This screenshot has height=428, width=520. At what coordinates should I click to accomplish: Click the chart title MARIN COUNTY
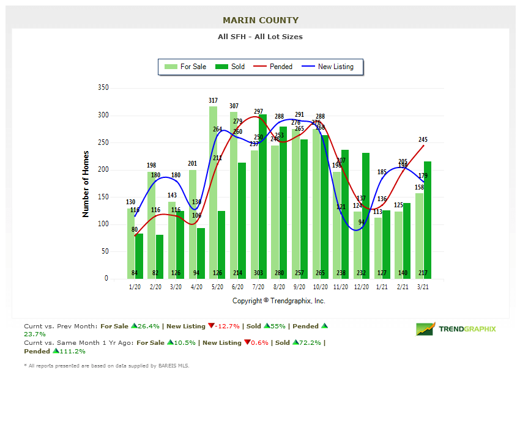click(x=261, y=20)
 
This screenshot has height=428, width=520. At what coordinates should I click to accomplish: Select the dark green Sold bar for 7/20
click(x=262, y=196)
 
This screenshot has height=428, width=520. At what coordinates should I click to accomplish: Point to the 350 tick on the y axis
click(x=103, y=88)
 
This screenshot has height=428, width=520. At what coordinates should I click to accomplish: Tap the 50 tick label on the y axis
click(x=105, y=251)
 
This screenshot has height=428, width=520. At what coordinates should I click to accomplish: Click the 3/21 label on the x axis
click(x=423, y=287)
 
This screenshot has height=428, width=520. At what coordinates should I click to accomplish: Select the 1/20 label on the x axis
click(x=135, y=287)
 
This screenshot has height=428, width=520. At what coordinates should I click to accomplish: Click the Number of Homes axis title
click(x=86, y=184)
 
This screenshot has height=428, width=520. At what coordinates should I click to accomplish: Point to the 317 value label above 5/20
click(x=213, y=100)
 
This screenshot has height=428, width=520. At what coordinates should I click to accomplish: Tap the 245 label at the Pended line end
click(x=423, y=139)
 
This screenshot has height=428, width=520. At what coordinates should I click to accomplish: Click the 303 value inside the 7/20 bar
click(x=258, y=273)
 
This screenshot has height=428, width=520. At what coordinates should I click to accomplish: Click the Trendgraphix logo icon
click(x=426, y=329)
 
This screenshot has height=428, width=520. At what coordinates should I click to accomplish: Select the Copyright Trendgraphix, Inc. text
click(x=279, y=301)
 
